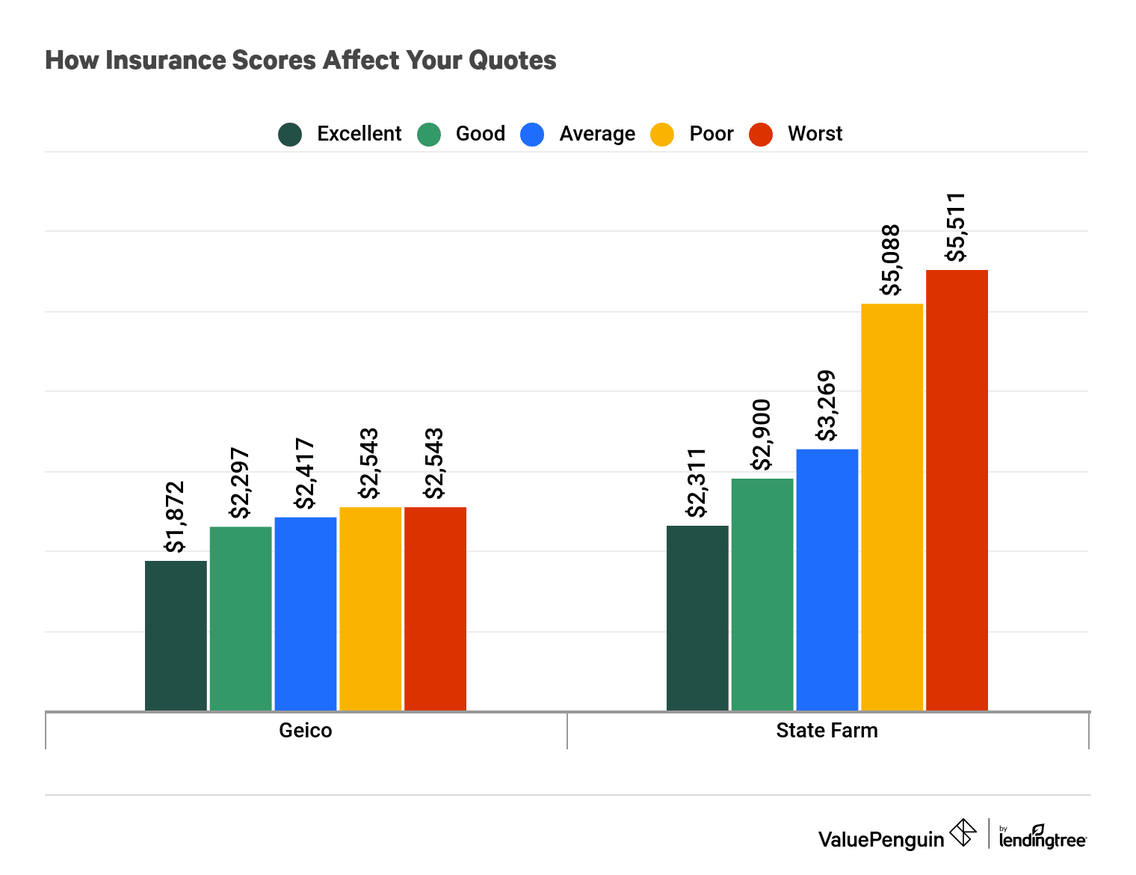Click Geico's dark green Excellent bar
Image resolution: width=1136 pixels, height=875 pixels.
click(176, 636)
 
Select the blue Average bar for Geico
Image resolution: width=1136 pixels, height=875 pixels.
click(306, 613)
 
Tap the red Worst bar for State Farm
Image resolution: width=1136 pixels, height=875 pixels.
click(957, 490)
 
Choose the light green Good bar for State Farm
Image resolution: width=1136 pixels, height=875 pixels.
click(762, 595)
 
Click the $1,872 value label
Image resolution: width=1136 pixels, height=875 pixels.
click(175, 517)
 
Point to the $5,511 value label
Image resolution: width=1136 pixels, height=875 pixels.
click(956, 227)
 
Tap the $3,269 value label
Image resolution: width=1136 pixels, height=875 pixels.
click(827, 406)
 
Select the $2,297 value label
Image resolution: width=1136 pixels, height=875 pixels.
click(240, 483)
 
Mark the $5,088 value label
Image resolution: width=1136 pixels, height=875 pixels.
click(891, 260)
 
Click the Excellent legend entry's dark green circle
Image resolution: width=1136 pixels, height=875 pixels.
click(290, 135)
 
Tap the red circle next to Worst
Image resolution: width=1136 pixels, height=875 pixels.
click(761, 135)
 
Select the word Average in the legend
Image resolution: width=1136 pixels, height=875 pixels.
click(597, 134)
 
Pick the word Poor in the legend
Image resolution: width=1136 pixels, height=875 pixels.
click(711, 134)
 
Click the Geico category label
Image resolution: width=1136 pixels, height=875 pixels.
click(306, 730)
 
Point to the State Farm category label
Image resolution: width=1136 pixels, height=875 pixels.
click(827, 730)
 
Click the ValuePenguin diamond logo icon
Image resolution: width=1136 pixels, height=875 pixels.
click(963, 832)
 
